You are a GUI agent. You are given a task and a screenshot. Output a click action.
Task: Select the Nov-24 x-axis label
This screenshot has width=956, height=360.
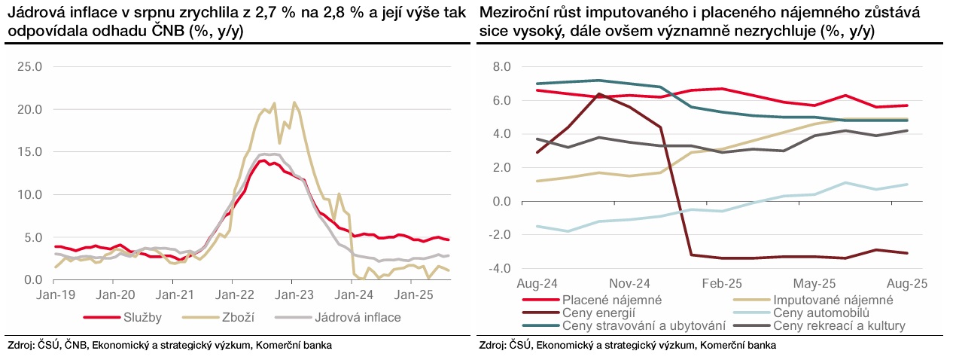point(629,285)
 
